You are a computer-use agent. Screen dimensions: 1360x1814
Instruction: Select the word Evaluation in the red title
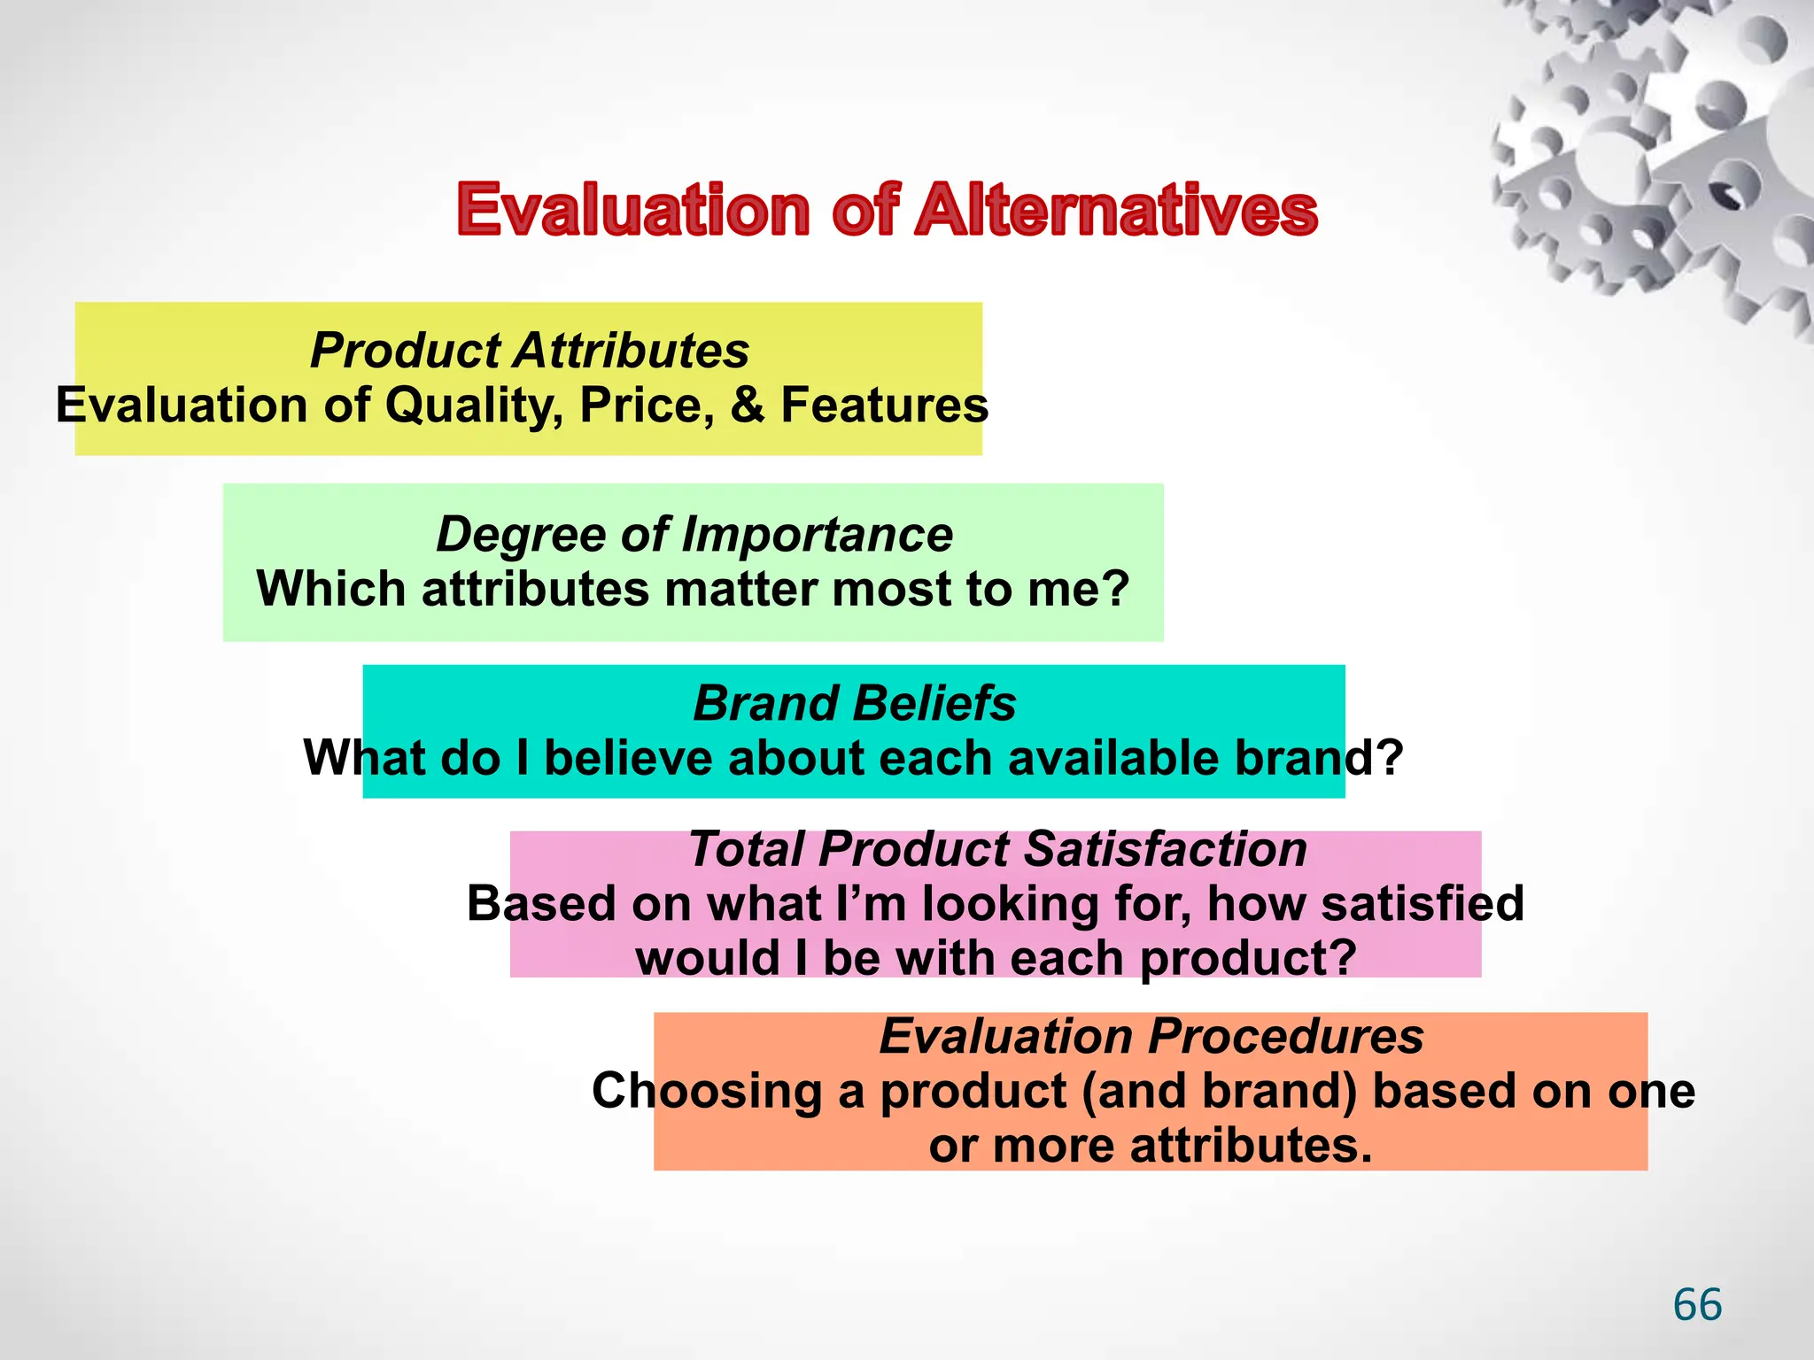pyautogui.click(x=633, y=211)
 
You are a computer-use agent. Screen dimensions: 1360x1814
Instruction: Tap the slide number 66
pyautogui.click(x=1697, y=1305)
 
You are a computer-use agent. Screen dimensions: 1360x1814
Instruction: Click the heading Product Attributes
pyautogui.click(x=530, y=350)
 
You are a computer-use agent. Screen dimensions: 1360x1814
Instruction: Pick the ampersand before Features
pyautogui.click(x=748, y=405)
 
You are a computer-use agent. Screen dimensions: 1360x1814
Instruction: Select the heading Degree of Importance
pyautogui.click(x=694, y=534)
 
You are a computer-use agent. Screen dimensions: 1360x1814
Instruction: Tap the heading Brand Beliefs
pyautogui.click(x=854, y=703)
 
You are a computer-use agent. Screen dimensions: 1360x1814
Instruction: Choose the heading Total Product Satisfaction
pyautogui.click(x=997, y=848)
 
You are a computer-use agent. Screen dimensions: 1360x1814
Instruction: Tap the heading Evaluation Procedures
pyautogui.click(x=1151, y=1035)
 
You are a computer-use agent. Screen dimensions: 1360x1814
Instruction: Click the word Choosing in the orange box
pyautogui.click(x=706, y=1091)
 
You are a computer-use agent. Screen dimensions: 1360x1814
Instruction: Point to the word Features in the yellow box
pyautogui.click(x=884, y=405)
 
